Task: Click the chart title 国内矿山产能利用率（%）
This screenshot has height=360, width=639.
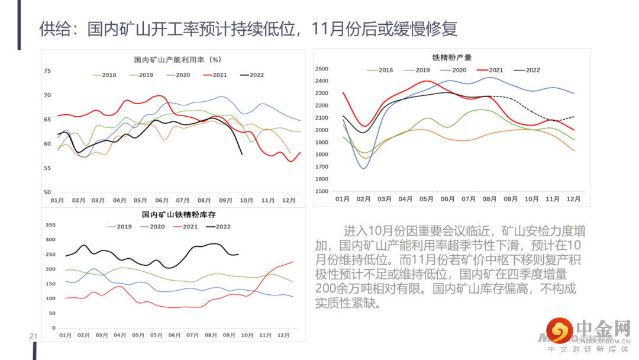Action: (177, 60)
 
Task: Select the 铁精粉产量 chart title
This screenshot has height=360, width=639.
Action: (452, 57)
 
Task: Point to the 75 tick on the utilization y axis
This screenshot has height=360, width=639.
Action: (47, 71)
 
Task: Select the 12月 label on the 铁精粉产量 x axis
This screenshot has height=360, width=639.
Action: (573, 199)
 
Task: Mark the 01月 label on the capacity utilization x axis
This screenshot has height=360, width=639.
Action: (57, 201)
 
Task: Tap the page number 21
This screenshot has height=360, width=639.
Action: (34, 337)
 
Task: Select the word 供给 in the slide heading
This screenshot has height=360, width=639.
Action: (51, 28)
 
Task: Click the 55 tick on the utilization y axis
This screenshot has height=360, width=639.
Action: (47, 168)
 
